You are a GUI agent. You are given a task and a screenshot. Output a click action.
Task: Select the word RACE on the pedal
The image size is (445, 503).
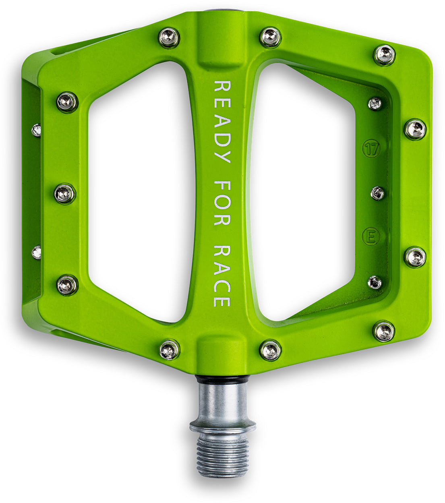click(222, 276)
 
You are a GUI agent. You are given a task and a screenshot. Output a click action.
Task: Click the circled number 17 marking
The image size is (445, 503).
click(371, 149)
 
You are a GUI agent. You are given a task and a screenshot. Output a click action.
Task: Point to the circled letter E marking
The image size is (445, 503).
click(370, 236)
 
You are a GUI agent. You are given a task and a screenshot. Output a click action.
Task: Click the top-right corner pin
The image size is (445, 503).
click(384, 55)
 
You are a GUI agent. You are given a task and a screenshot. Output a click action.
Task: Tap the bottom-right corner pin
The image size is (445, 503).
click(384, 331)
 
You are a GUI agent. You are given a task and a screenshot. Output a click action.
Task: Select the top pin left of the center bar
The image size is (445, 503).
click(169, 38)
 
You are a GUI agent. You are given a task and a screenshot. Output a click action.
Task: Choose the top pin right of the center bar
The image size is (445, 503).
click(270, 37)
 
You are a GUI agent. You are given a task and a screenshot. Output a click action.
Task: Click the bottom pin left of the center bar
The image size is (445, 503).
click(170, 349)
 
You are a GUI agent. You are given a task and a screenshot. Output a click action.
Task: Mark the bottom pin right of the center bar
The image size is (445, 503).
click(270, 350)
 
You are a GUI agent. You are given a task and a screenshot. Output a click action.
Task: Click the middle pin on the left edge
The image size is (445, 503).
click(65, 194)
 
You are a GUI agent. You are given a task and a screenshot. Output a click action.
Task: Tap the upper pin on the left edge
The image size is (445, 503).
click(67, 102)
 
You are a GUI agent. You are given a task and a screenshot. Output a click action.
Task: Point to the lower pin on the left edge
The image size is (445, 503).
click(67, 285)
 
